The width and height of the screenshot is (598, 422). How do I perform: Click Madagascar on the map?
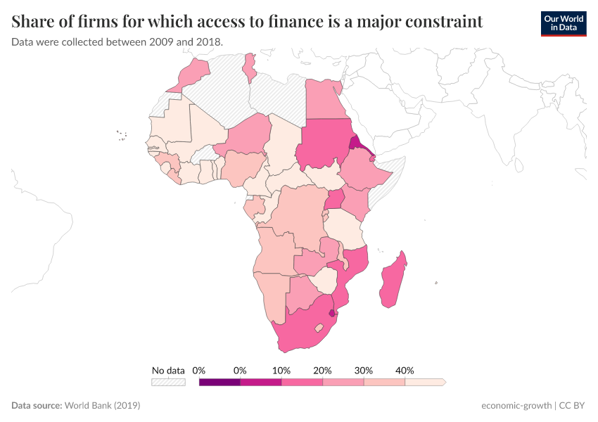coord(393,281)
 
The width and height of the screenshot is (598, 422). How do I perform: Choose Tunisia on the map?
coord(249,66)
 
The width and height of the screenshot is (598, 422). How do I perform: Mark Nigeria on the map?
coord(242,165)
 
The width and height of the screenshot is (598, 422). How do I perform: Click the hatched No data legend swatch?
coord(168,383)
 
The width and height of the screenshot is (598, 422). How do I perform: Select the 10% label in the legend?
coord(281,370)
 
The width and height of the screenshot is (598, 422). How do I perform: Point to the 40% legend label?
coord(405,370)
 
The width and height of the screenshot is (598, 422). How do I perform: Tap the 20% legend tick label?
coord(322,370)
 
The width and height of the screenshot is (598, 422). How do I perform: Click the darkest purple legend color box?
coord(220,383)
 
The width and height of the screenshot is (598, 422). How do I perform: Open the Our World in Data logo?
coord(563,23)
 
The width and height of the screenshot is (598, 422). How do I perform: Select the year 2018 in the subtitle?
coord(208,42)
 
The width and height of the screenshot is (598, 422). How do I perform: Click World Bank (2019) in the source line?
coord(102,406)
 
